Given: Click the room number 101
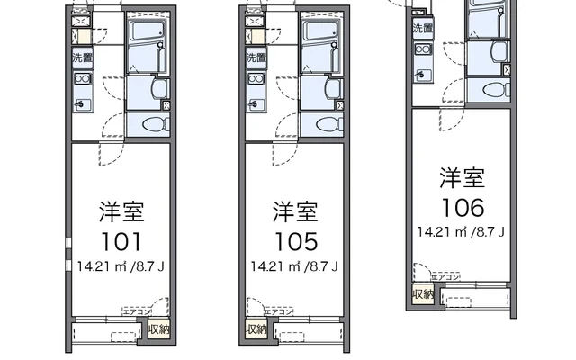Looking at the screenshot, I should tap(121, 242).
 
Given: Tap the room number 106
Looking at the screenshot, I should tap(462, 208).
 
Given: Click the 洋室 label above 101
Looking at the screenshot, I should tap(121, 213).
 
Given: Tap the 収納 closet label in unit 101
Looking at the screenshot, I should tap(158, 329).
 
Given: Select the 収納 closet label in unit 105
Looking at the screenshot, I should tap(256, 329).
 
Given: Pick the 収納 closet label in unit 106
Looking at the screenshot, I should tap(423, 294).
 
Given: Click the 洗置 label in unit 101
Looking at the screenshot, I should tap(81, 58).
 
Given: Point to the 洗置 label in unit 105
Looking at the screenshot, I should tap(255, 58).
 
